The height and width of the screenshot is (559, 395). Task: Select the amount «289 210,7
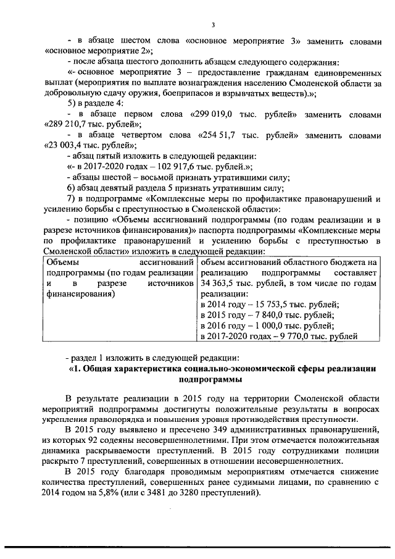(x=69, y=125)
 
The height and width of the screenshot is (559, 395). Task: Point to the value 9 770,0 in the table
(x=281, y=337)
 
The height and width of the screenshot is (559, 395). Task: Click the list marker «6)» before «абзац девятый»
(x=72, y=188)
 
